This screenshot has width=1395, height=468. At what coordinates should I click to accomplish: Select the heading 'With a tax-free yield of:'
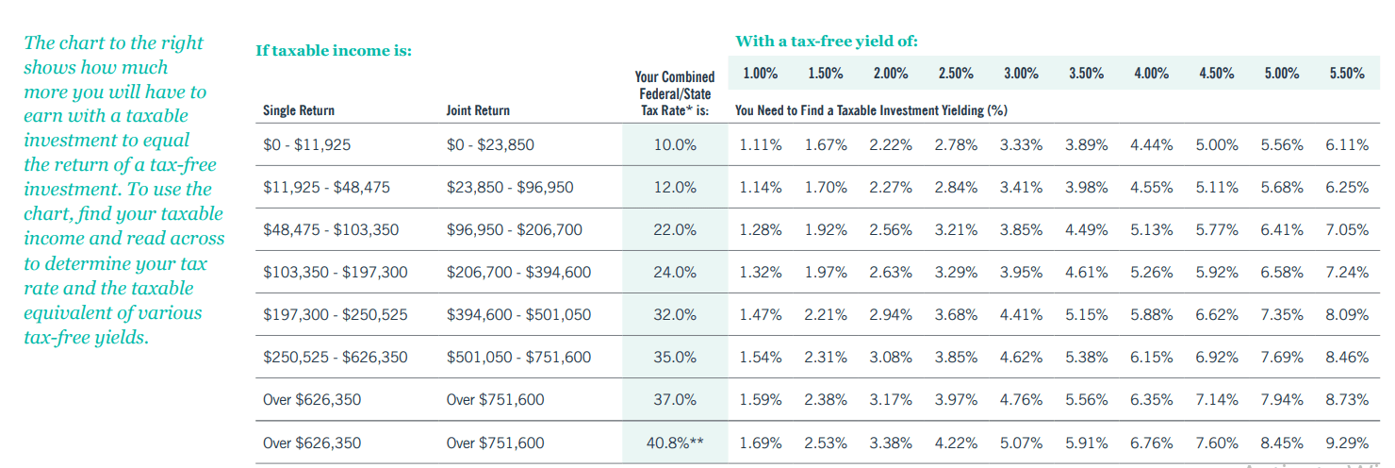click(x=827, y=41)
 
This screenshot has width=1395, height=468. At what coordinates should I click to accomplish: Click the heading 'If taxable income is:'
click(x=334, y=50)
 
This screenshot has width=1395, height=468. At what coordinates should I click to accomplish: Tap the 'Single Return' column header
click(x=299, y=110)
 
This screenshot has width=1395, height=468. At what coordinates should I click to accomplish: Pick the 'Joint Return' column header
click(x=478, y=110)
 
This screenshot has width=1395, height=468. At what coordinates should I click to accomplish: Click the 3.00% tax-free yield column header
click(x=1021, y=74)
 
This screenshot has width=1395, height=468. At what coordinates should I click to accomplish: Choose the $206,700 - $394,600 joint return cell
click(x=518, y=273)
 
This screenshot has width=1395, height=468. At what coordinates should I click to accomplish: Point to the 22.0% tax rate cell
click(x=675, y=229)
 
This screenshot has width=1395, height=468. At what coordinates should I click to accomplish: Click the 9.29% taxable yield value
click(x=1346, y=443)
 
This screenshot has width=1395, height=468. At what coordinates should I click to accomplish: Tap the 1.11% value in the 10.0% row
click(x=761, y=144)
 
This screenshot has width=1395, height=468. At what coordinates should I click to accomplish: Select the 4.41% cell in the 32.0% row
click(x=1021, y=315)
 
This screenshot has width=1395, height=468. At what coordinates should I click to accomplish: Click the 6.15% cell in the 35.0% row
click(x=1151, y=358)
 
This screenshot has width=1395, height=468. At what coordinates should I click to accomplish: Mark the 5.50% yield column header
click(x=1347, y=74)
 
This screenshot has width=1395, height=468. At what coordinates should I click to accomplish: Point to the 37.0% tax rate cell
click(x=675, y=400)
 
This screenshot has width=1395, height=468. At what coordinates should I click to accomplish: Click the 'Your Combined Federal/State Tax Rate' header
click(x=675, y=93)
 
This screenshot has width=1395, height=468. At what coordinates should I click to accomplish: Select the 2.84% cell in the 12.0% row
click(x=956, y=187)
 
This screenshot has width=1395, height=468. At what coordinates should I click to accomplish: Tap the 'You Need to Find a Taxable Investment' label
click(x=871, y=110)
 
